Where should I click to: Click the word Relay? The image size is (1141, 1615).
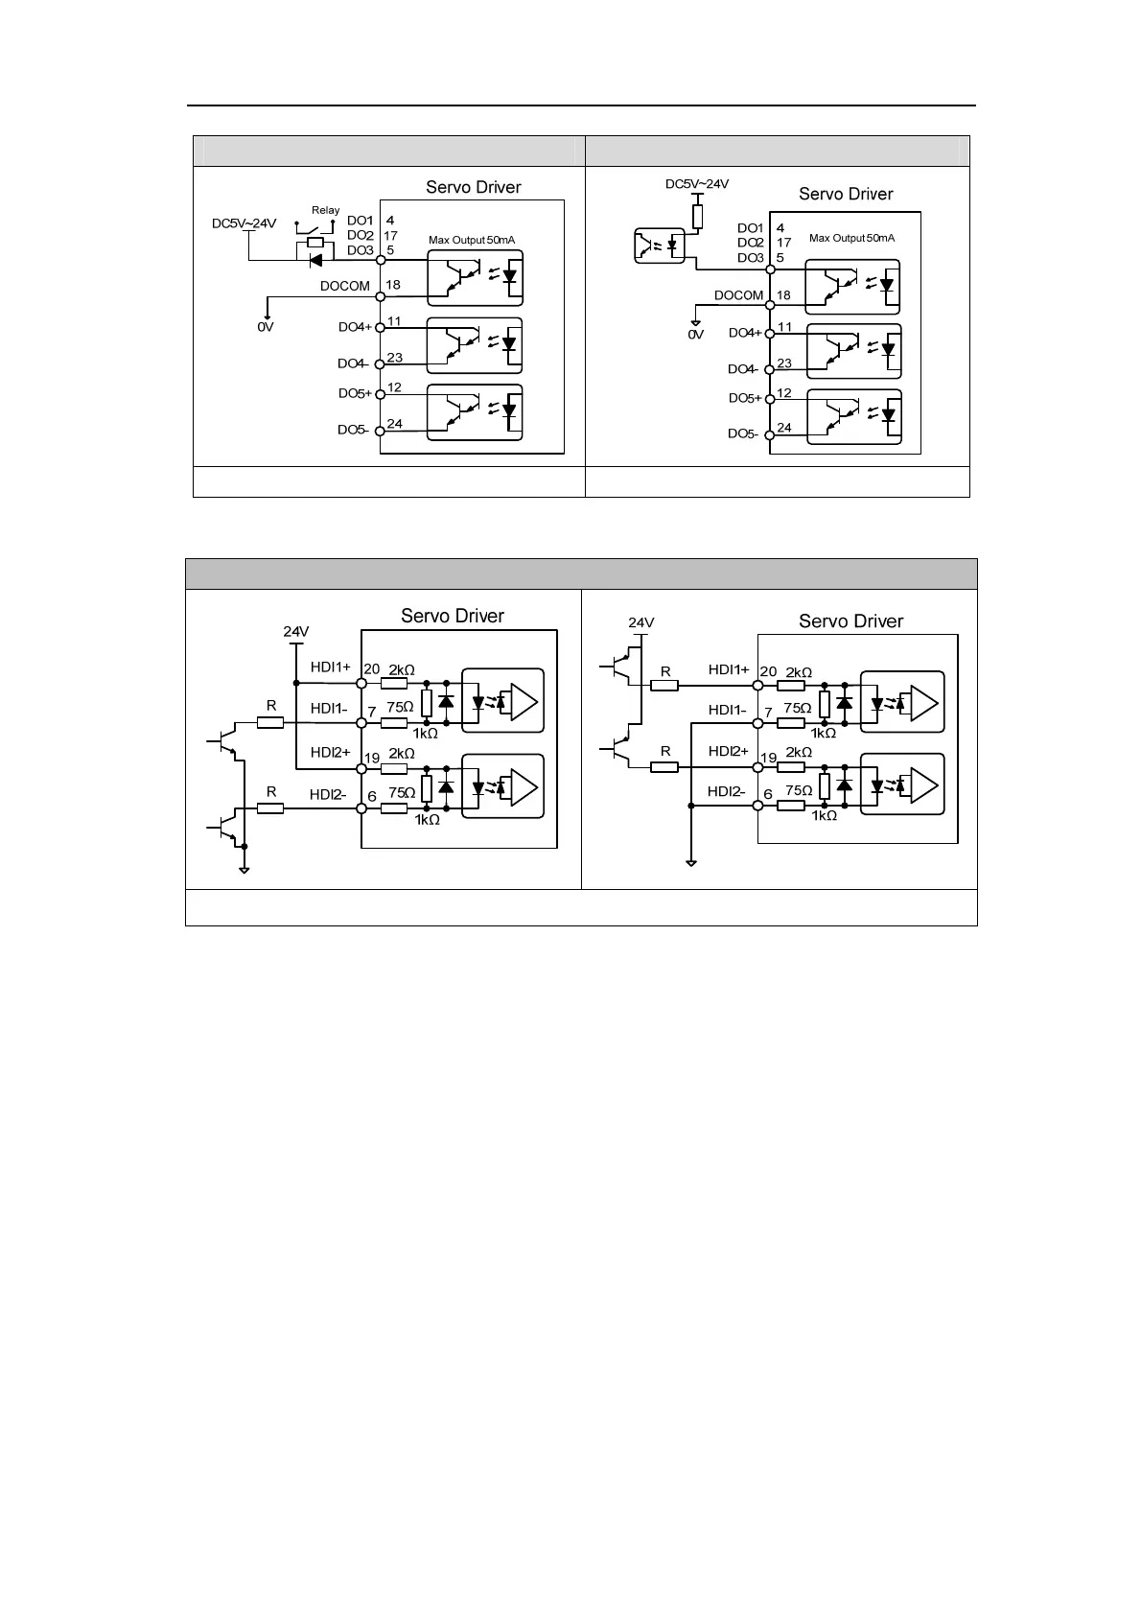tap(325, 210)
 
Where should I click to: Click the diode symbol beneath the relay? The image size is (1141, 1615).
tap(316, 258)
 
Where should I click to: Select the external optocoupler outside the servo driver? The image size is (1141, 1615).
tap(661, 245)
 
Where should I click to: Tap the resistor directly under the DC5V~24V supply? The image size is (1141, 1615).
tap(697, 216)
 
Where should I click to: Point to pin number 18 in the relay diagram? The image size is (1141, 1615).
tap(393, 285)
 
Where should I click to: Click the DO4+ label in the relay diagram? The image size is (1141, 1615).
tap(355, 327)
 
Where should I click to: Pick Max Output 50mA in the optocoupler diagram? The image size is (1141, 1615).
tap(851, 238)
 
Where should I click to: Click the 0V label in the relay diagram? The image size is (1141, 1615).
tap(266, 327)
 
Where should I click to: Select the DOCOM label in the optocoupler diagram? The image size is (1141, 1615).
tap(738, 295)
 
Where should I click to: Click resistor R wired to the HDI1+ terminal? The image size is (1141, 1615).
tap(665, 685)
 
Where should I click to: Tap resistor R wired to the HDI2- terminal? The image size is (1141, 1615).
tap(271, 808)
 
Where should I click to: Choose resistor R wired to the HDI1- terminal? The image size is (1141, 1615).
tap(271, 722)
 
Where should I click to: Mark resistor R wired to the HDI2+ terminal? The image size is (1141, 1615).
tap(665, 766)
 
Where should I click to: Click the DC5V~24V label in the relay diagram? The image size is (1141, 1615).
tap(244, 224)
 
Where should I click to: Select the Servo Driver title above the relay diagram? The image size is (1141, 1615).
tap(474, 187)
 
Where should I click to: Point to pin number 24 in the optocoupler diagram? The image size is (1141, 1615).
tap(784, 428)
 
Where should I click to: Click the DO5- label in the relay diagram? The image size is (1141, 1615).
tap(354, 430)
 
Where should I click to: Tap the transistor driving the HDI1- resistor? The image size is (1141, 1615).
tap(227, 742)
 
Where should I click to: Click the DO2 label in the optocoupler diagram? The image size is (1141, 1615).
tap(751, 243)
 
